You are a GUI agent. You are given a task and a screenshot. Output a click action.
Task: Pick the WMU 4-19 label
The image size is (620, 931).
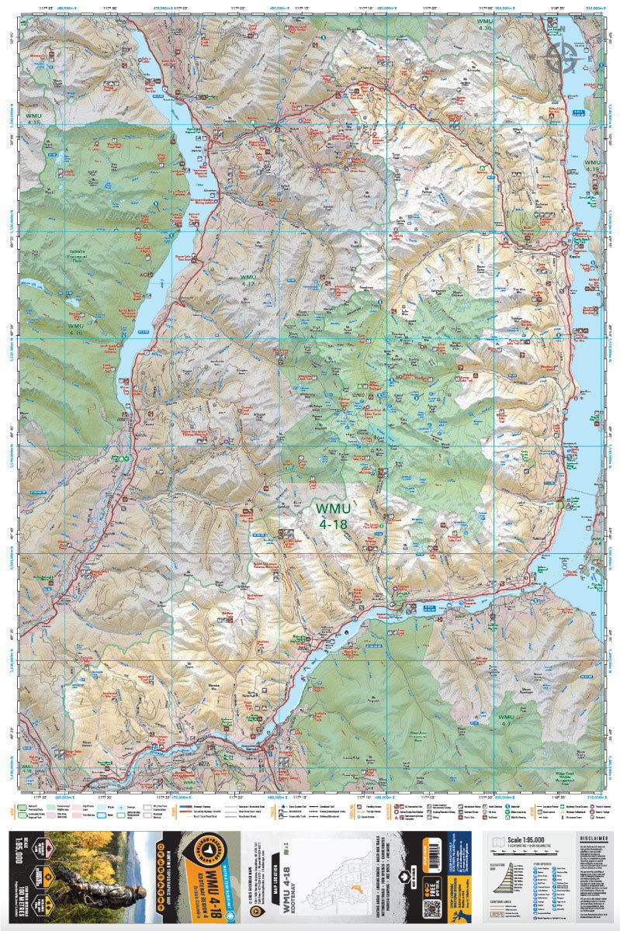pyautogui.click(x=593, y=164)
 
